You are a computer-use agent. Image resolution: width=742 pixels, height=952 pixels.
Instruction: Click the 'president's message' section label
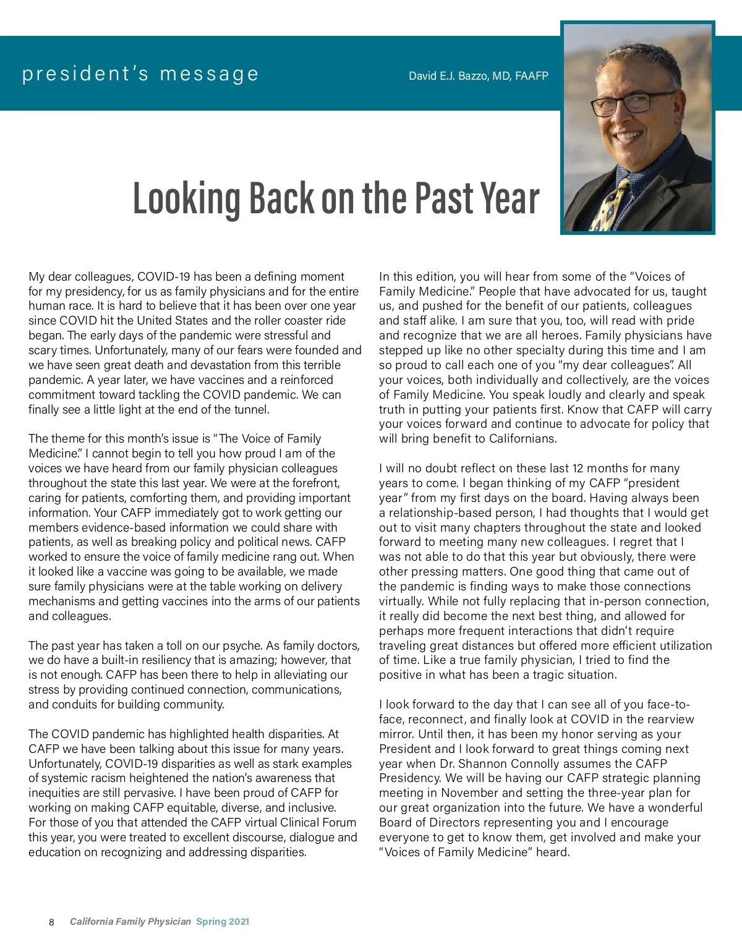(x=140, y=74)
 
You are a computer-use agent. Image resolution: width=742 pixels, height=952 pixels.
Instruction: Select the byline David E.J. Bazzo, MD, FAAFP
(x=478, y=76)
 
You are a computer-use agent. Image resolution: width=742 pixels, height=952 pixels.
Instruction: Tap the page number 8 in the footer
(x=51, y=922)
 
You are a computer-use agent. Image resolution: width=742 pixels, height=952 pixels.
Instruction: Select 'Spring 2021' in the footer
(x=223, y=922)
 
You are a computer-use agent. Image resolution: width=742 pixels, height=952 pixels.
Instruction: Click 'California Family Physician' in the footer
(x=130, y=922)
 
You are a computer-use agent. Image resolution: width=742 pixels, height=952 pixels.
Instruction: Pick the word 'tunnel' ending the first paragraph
(x=250, y=409)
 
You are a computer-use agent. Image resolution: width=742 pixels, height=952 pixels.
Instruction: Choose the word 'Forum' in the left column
(x=339, y=823)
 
